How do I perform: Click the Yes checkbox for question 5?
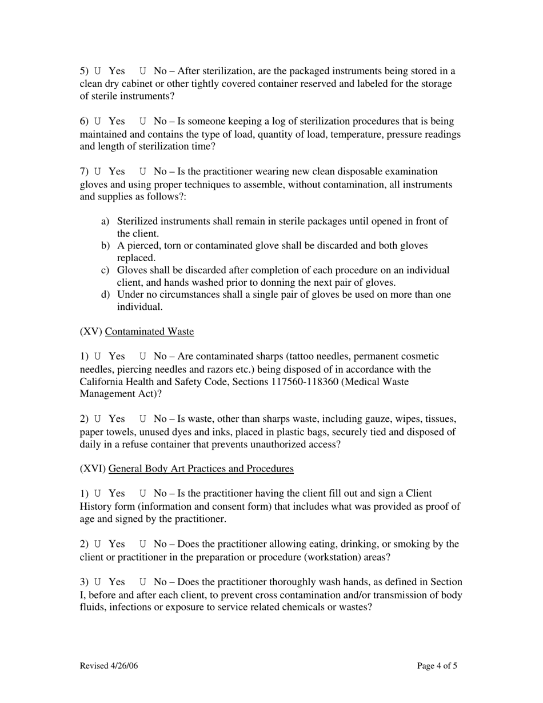[98, 71]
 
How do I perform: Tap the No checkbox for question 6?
[143, 122]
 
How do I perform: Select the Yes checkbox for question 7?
[98, 171]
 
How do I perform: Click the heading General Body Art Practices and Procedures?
[201, 469]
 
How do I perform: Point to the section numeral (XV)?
[91, 332]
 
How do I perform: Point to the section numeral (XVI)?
[93, 469]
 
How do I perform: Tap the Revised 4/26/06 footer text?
[109, 666]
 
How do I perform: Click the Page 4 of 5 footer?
[437, 666]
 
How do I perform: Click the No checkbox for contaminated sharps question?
[143, 357]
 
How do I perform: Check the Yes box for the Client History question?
[98, 494]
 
